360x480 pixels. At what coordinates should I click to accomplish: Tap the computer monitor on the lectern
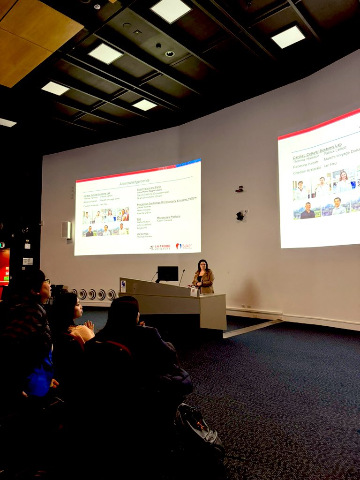[167, 273]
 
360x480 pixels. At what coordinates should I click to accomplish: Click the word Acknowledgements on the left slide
[134, 181]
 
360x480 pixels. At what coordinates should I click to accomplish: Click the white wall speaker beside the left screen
[66, 230]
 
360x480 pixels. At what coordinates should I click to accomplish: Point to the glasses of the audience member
[46, 281]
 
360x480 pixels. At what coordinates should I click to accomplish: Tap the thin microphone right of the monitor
[181, 277]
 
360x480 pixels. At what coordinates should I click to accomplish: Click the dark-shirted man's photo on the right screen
[307, 211]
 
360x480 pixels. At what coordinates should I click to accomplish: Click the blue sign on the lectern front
[123, 285]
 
